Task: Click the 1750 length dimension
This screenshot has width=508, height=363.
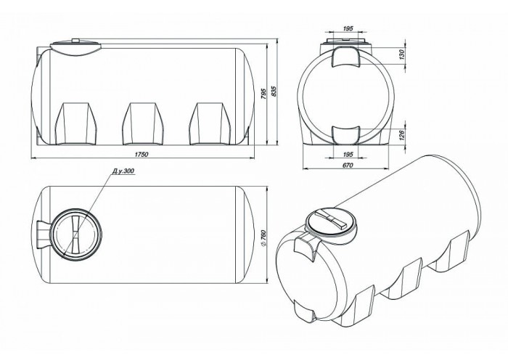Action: point(142,154)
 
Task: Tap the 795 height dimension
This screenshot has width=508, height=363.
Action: point(263,94)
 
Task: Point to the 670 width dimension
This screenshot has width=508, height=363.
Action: point(347,165)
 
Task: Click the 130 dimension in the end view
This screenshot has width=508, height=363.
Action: point(402,54)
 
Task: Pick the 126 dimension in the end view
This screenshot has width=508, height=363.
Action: point(402,135)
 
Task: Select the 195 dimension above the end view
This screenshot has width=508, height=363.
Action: point(348,28)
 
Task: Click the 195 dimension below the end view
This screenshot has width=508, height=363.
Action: point(348,154)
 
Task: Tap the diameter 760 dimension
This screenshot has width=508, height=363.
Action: point(263,238)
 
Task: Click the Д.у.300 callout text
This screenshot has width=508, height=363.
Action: point(123,171)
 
